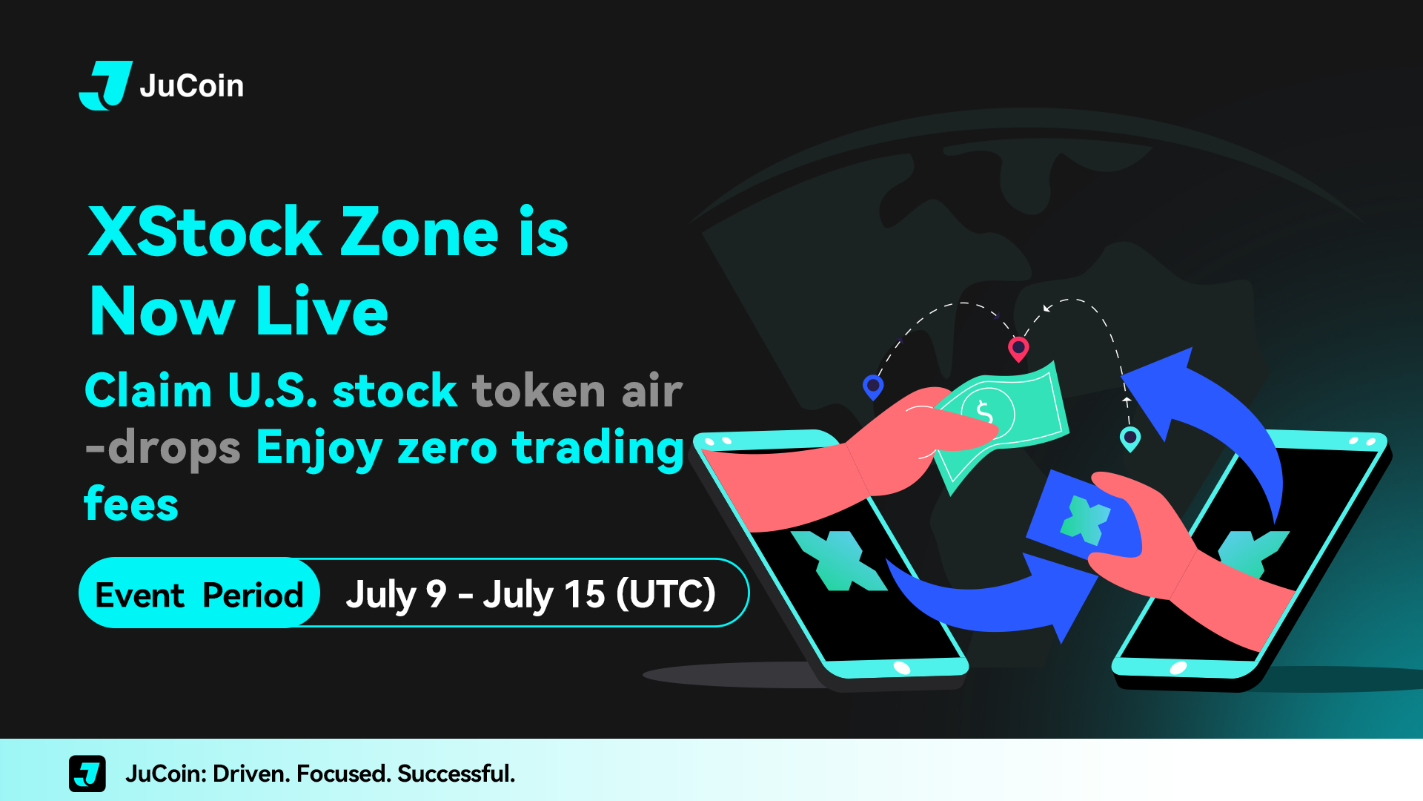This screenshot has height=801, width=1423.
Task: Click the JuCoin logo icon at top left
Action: (x=105, y=85)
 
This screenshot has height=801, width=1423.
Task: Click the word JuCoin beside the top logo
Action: (x=192, y=86)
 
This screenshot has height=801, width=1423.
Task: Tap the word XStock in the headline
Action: (x=205, y=232)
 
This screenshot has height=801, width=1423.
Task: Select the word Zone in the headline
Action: (x=419, y=232)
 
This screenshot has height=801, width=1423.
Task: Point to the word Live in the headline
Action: (x=322, y=311)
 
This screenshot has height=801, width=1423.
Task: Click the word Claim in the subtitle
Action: (x=148, y=390)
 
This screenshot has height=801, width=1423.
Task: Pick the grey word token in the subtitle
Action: (x=539, y=390)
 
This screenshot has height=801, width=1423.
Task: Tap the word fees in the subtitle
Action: (x=131, y=504)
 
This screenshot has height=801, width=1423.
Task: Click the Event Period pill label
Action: (x=199, y=593)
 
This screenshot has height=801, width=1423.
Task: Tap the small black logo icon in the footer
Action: (x=87, y=774)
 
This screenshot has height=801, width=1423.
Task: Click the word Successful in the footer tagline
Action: (x=456, y=774)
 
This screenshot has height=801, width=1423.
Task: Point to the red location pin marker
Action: (x=1019, y=348)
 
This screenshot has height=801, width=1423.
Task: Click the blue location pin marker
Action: (x=874, y=386)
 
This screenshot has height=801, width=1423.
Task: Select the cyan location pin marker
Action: (x=1130, y=438)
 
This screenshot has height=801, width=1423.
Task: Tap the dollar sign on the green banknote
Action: (x=984, y=411)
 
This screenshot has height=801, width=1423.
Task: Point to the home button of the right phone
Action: (x=1178, y=668)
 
